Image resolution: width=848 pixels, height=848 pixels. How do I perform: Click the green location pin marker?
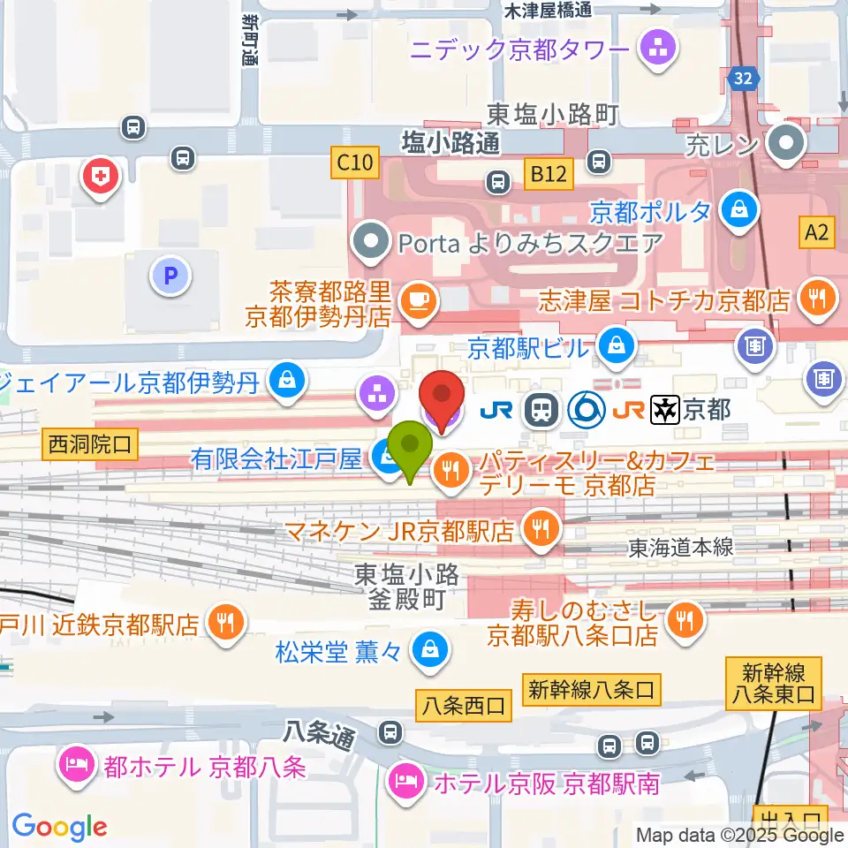pos(411,447)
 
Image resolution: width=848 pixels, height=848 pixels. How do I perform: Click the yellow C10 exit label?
pos(357,163)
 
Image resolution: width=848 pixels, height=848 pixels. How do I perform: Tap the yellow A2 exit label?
pos(817,232)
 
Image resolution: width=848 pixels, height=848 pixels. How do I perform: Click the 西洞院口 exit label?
pos(89,445)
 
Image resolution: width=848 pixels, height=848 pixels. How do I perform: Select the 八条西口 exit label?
pos(463,705)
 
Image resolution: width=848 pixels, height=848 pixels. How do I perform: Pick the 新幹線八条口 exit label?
pos(593,689)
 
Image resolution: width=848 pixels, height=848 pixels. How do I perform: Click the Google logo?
pos(59,827)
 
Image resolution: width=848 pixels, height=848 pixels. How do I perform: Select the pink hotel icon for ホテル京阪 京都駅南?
pos(405,781)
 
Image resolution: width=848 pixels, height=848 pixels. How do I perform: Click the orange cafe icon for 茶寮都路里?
pos(416,301)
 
